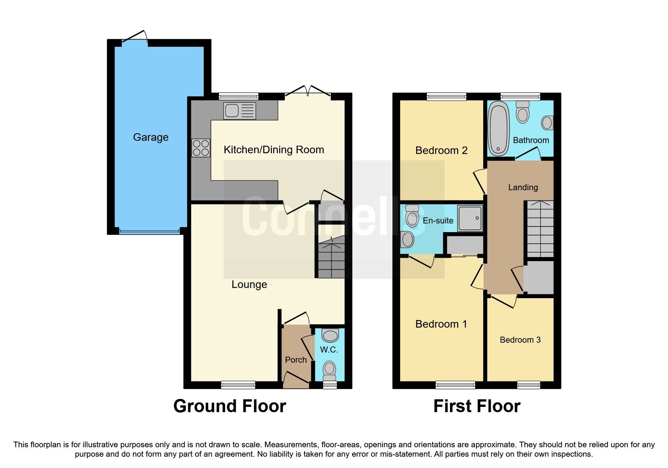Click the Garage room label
click(150, 137)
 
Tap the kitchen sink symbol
click(240, 111)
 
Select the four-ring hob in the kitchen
click(201, 148)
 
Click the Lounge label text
click(249, 285)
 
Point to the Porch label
click(296, 360)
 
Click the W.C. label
click(329, 350)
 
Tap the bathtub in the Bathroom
click(498, 129)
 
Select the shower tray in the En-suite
click(470, 218)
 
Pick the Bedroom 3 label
click(520, 340)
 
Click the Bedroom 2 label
click(441, 151)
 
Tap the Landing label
click(523, 188)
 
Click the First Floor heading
click(477, 406)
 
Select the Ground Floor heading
click(229, 406)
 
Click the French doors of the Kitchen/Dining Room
click(308, 93)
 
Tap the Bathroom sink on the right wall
click(547, 123)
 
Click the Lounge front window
click(238, 385)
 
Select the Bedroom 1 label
click(441, 324)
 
